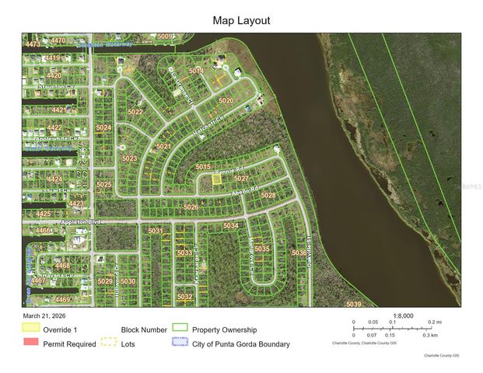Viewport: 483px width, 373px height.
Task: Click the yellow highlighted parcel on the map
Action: click(x=217, y=179)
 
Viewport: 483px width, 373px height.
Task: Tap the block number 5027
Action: click(x=241, y=178)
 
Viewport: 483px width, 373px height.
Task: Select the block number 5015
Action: click(x=204, y=166)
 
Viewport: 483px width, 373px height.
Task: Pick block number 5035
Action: click(x=262, y=249)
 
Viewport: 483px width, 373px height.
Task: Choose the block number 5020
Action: click(x=226, y=101)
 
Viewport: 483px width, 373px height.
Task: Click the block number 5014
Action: click(x=197, y=71)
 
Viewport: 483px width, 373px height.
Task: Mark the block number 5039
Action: click(x=354, y=304)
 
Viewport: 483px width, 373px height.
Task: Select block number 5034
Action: click(x=231, y=225)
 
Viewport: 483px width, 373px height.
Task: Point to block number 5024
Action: click(x=103, y=127)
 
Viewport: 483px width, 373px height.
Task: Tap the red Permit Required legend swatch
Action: click(x=31, y=343)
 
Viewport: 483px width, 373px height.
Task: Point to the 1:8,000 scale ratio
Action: click(x=404, y=315)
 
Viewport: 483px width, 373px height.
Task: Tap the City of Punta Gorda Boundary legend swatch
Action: click(x=180, y=343)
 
